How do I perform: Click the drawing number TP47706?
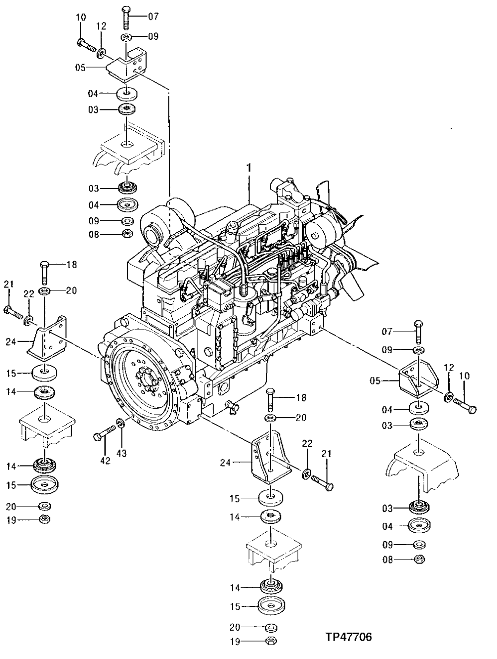[349, 637]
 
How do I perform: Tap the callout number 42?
[105, 461]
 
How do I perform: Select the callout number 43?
[122, 453]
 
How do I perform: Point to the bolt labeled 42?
[103, 433]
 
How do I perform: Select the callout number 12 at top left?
[101, 26]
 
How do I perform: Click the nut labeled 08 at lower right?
[419, 560]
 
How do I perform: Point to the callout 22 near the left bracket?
[28, 294]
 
